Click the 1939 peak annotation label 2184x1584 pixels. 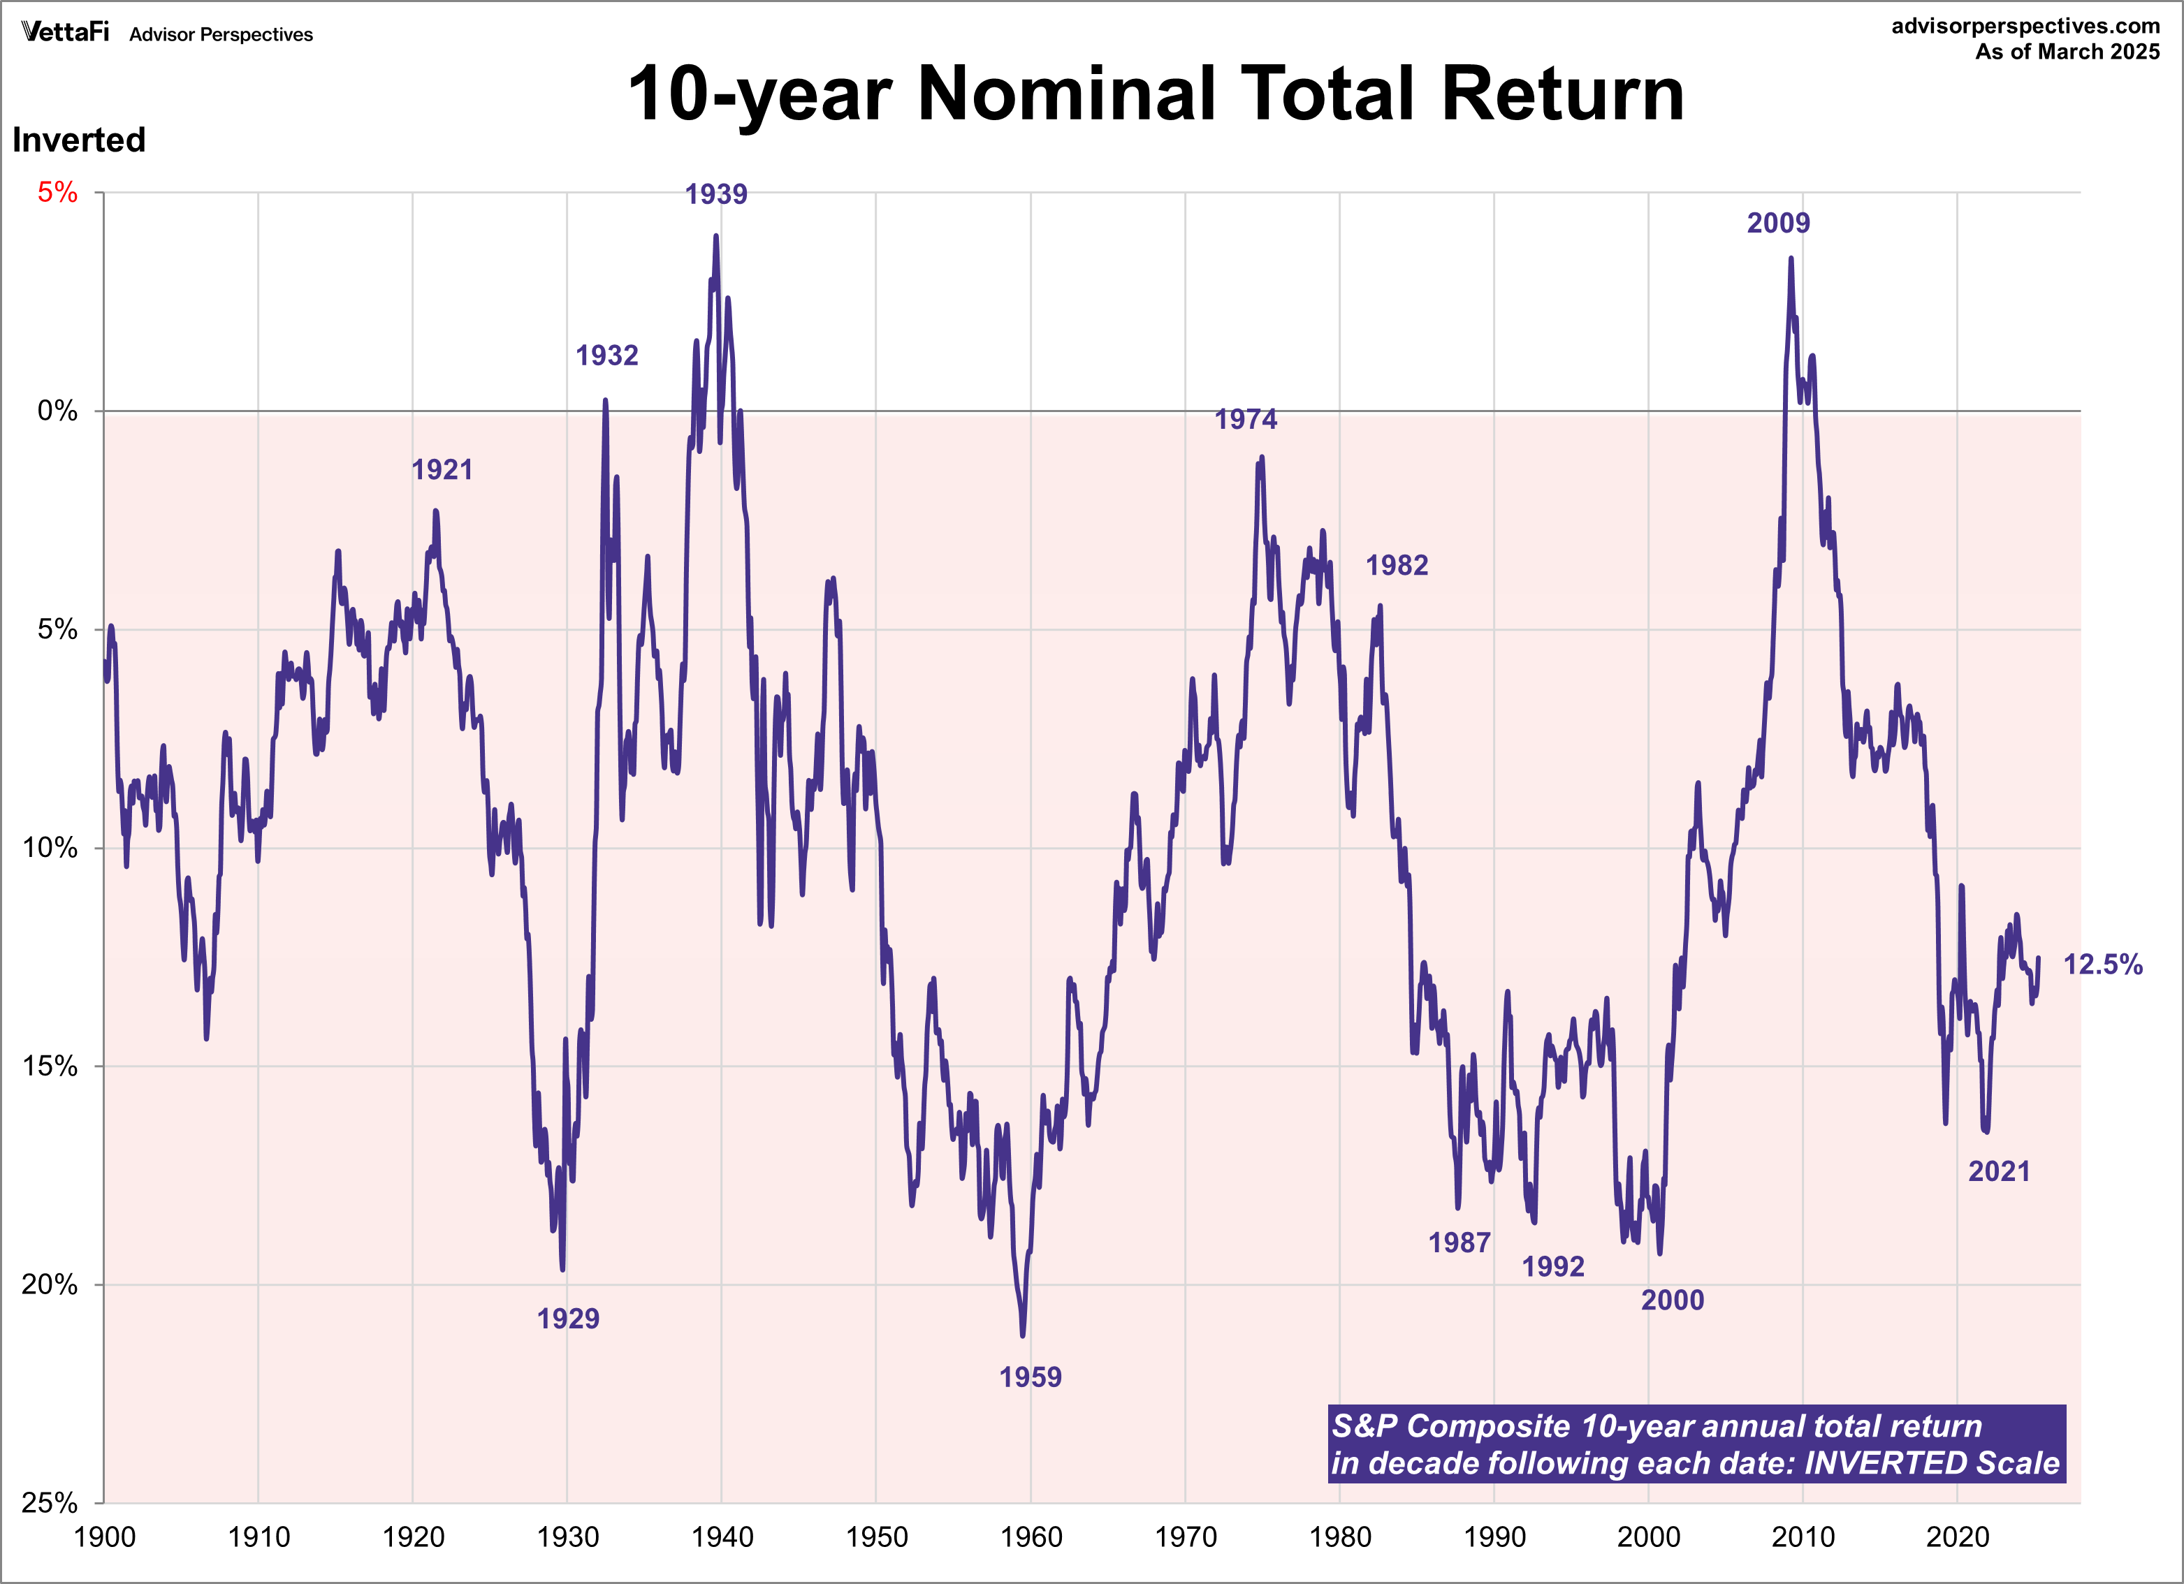[715, 195]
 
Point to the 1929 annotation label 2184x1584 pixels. [568, 1318]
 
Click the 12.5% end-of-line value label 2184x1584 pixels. [2102, 965]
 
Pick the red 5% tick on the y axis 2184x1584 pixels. [58, 193]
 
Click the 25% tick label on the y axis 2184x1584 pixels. [50, 1502]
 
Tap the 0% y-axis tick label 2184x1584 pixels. [58, 411]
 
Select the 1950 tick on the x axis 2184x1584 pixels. [876, 1537]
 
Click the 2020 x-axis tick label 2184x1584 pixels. [1957, 1537]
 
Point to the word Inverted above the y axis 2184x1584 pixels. [79, 140]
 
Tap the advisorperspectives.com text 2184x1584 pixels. [2025, 26]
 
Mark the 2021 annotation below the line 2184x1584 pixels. [1998, 1172]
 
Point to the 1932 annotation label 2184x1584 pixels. [606, 356]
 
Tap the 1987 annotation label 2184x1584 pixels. [1459, 1243]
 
